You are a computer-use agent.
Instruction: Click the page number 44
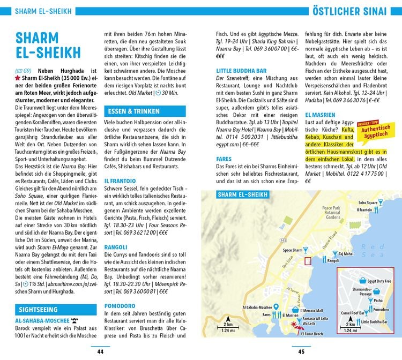(100, 351)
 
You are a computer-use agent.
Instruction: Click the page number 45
(301, 351)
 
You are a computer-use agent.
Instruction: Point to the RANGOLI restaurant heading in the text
(115, 247)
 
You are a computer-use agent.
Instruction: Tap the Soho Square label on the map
(368, 203)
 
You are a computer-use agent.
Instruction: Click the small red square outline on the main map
(307, 261)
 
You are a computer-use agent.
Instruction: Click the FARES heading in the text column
(224, 159)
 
